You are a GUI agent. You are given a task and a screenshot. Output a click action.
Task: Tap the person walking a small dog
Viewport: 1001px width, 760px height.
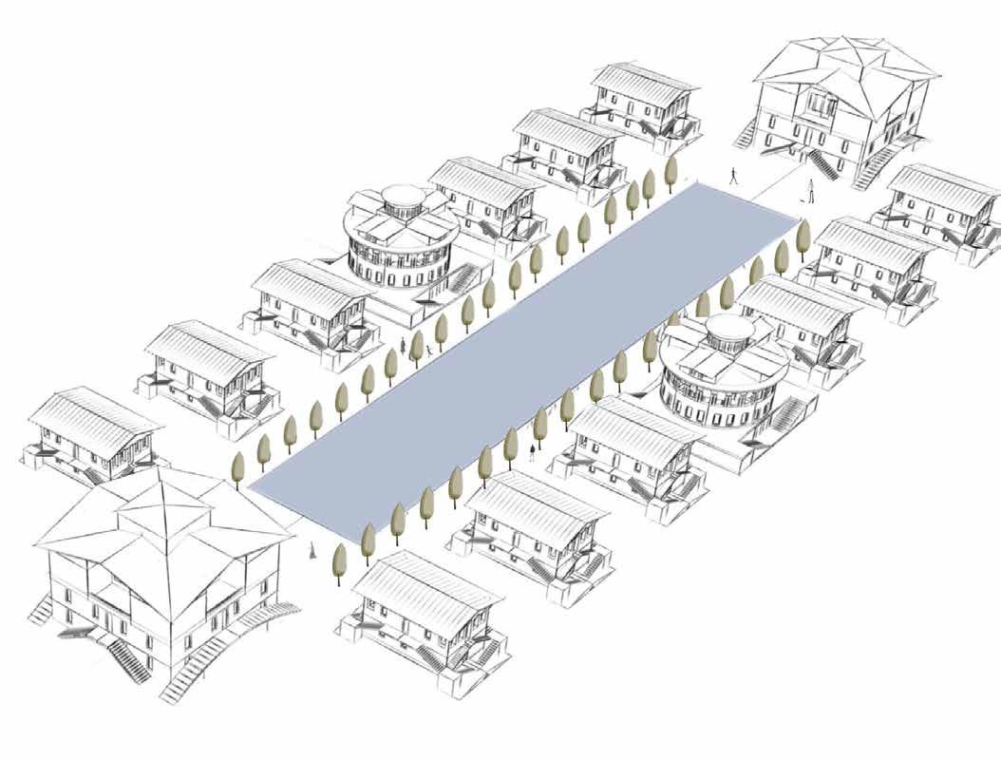pyautogui.click(x=811, y=188)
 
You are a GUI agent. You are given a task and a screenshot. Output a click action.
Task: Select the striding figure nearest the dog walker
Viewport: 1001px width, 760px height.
pyautogui.click(x=733, y=176)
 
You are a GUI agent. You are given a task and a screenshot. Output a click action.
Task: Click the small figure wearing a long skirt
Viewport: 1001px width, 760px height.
pyautogui.click(x=312, y=550)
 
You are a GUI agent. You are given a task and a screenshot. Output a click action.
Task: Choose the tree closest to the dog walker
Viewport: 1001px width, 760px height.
pyautogui.click(x=803, y=235)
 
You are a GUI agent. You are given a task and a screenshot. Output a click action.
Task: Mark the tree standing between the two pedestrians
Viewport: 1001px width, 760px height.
pyautogui.click(x=416, y=347)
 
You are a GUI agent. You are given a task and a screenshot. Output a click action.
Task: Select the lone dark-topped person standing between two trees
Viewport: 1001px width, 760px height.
pyautogui.click(x=531, y=451)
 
